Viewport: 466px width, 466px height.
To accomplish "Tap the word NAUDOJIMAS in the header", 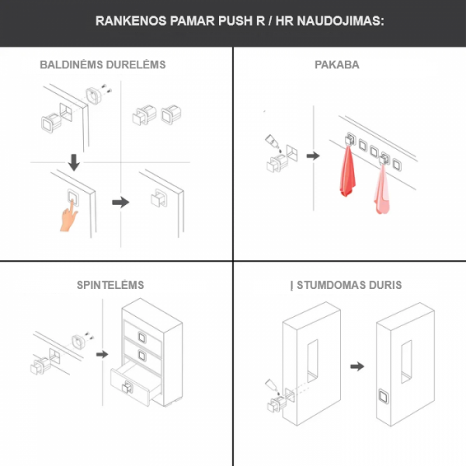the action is coord(341,21).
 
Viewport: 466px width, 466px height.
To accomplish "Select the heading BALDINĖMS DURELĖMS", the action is coord(103,64).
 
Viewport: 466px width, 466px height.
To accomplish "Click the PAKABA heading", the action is coord(337,64).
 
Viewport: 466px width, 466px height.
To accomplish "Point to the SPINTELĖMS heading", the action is coord(110,285).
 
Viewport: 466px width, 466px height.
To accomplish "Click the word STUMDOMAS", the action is coord(332,285).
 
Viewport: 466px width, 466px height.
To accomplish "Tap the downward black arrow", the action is coord(74,162).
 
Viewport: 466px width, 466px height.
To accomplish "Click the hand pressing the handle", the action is coord(68,217).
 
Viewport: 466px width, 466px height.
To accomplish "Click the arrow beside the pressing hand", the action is coord(120,203).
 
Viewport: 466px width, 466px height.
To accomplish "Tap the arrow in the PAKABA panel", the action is coord(313,156).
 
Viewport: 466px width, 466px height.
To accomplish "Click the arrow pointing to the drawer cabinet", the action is coord(103,354).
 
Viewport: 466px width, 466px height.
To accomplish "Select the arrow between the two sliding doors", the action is coord(357,366).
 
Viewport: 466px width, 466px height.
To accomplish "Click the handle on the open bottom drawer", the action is coord(127,387).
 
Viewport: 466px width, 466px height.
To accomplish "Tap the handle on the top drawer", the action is coord(142,337).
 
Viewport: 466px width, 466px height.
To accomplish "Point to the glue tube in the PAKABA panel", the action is coord(272,142).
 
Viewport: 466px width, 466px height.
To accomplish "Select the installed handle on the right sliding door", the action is coord(384,396).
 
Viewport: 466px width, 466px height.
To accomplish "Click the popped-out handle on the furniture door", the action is coord(158,198).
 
